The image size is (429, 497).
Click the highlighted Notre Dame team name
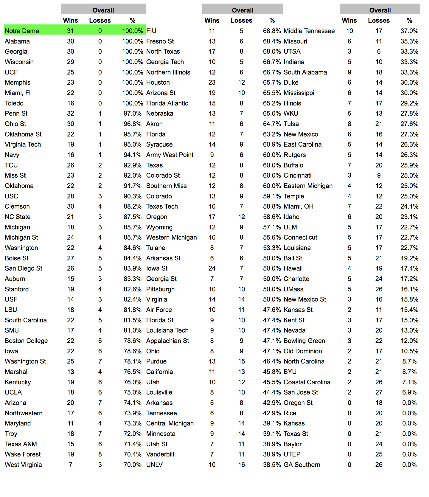point(22,31)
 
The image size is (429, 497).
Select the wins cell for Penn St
point(71,114)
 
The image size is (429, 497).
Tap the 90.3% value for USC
point(133,196)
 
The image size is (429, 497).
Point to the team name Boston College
point(26,341)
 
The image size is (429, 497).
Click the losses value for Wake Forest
point(100,454)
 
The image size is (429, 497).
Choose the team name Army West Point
point(170,155)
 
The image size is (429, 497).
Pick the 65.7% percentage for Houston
point(272,83)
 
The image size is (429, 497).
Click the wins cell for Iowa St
point(212,268)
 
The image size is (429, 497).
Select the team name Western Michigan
point(171,237)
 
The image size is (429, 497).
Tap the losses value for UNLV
point(241,465)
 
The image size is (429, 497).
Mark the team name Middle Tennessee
point(309,31)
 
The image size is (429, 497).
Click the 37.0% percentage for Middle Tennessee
point(409,31)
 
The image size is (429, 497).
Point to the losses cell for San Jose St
point(379,392)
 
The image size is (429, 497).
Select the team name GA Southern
point(302,465)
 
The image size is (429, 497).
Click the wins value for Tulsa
point(349,124)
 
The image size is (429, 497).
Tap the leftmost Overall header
point(103,10)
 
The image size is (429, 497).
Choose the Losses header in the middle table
point(241,21)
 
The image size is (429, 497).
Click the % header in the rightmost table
point(409,21)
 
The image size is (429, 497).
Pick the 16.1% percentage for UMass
point(409,289)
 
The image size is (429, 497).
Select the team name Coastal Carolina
point(307,382)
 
